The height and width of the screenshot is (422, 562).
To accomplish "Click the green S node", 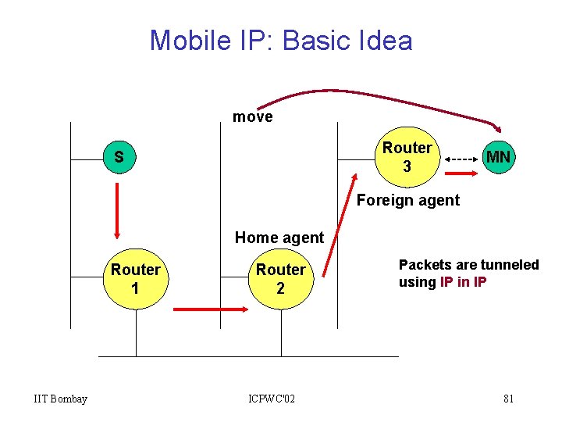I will pos(118,157).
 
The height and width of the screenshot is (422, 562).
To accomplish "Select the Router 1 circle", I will pos(136,280).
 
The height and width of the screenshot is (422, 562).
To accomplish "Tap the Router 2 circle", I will pos(281,280).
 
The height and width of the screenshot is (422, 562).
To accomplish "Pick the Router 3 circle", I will pos(406,157).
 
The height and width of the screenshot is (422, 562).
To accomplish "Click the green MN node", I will pos(498,157).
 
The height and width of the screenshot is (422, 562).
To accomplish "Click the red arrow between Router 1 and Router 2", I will pos(209,309).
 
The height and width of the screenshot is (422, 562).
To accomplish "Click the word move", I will pos(252,117).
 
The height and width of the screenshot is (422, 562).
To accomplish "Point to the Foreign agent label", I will pos(408,200).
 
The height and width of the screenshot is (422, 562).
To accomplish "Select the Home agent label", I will pos(279,237).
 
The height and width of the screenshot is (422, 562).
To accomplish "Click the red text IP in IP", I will pos(463,281).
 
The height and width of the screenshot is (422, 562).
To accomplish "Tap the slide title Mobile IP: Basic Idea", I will pos(281,40).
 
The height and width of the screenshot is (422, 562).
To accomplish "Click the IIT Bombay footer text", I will pos(61,399).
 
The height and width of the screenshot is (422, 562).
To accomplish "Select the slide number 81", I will pos(508,399).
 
